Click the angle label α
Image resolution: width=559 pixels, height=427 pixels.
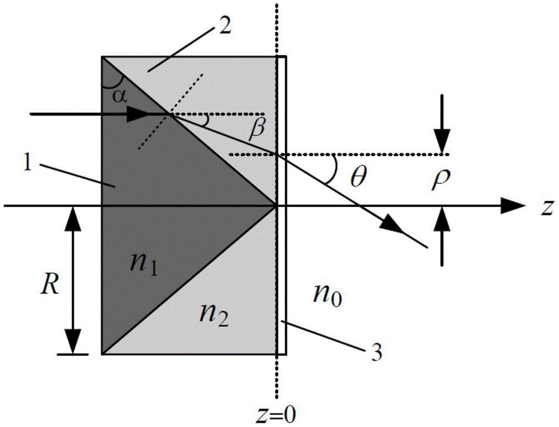click(119, 96)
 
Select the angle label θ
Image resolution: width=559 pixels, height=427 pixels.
click(358, 177)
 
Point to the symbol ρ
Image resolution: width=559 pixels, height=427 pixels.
click(439, 179)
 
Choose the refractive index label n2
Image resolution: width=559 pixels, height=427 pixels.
click(213, 315)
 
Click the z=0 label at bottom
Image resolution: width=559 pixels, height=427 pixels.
click(277, 415)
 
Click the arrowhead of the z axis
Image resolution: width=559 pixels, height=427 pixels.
click(513, 206)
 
